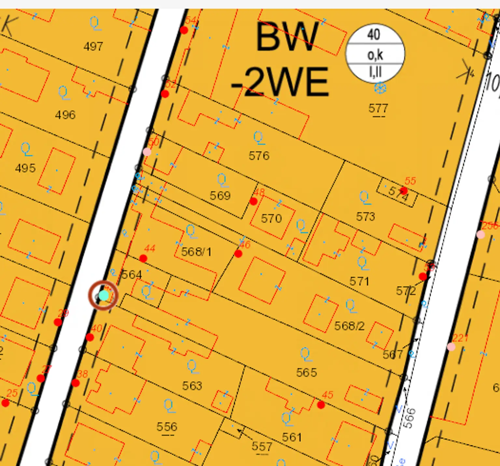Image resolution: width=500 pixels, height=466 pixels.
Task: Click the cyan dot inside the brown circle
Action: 104,295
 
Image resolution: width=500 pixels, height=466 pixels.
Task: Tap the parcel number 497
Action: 93,47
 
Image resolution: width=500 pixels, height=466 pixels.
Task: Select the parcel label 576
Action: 259,156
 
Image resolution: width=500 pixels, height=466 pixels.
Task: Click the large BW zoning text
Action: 286,37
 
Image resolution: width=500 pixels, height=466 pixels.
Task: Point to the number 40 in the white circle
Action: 374,34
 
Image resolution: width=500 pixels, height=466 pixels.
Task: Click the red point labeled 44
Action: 143,259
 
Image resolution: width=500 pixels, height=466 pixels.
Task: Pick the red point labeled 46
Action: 238,254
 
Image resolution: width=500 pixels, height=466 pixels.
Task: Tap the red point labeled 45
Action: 321,405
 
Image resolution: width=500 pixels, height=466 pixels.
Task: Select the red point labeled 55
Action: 404,190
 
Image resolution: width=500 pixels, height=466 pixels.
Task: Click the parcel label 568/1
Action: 196,252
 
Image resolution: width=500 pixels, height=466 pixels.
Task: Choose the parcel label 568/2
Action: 349,326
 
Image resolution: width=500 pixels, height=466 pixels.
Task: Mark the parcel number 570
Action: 271,218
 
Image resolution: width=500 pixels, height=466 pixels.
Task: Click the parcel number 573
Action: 366,217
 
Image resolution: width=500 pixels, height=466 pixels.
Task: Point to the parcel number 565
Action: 306,373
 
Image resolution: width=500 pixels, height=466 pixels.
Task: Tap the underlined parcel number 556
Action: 167,427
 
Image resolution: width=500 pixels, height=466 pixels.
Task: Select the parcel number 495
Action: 25,168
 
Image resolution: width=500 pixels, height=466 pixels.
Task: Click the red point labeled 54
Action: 184,30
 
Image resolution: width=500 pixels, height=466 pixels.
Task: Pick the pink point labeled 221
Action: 451,347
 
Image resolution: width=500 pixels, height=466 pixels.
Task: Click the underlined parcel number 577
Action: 378,108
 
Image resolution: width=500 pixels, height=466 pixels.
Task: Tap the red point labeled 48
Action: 254,201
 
